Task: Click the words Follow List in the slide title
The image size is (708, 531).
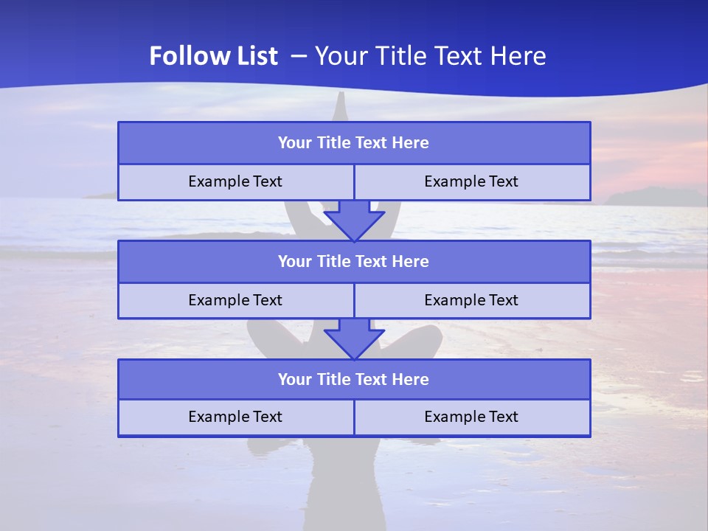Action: [213, 56]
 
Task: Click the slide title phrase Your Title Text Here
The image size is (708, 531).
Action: [431, 56]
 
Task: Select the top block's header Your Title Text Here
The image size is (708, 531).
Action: [353, 143]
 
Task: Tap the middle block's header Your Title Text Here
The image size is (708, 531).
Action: [353, 261]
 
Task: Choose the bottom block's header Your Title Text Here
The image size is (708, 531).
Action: [353, 379]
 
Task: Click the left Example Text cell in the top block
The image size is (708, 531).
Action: [235, 181]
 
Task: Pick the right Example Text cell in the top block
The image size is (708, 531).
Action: [471, 181]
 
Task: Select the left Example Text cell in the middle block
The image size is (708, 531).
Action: [235, 300]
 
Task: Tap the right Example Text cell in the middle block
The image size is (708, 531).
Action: [471, 300]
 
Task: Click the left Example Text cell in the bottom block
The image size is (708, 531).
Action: [235, 417]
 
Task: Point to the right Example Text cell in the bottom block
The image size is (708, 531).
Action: [471, 417]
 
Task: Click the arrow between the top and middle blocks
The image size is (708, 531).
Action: [354, 221]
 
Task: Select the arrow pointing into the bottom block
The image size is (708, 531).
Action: [354, 339]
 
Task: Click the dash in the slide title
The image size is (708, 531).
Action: [299, 56]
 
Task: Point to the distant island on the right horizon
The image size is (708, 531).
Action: [653, 197]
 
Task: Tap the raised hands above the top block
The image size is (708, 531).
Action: [340, 107]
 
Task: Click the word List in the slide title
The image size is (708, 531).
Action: [254, 56]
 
